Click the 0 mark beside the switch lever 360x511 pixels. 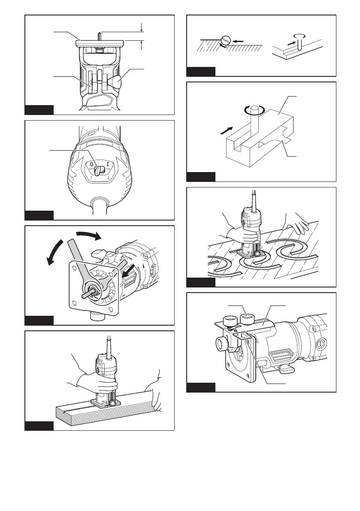[91, 164]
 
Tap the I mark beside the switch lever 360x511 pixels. [108, 164]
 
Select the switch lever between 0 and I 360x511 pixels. [100, 170]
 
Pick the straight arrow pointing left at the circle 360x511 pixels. [238, 41]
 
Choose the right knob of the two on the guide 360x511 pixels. [248, 319]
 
